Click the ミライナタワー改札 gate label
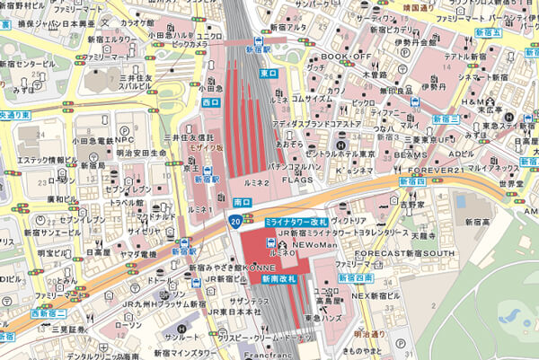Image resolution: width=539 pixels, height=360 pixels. (296, 221)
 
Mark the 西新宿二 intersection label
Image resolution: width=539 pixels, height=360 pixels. (49, 313)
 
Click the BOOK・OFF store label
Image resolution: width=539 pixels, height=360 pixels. (346, 57)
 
